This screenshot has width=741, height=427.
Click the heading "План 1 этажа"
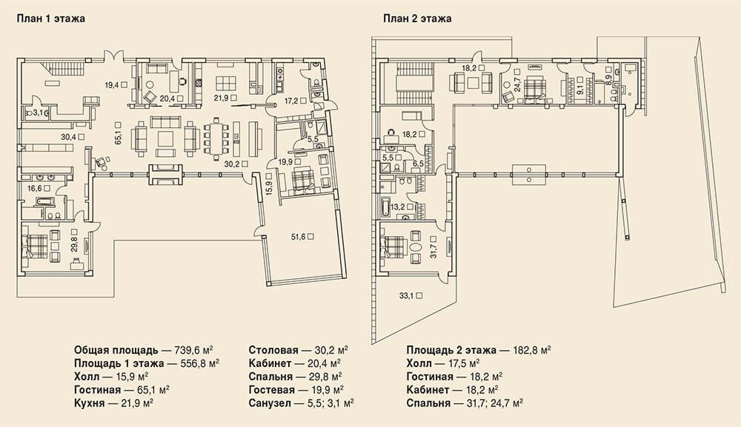[x=51, y=19]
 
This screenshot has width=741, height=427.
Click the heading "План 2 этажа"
[x=417, y=19]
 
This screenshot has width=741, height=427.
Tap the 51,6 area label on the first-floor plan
[x=298, y=237]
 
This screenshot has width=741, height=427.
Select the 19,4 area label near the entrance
[x=112, y=85]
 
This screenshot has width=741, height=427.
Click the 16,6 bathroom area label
[x=35, y=188]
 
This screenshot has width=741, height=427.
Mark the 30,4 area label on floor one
[x=68, y=137]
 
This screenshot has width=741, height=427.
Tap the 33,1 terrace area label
[x=406, y=296]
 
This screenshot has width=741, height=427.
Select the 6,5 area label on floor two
[x=418, y=164]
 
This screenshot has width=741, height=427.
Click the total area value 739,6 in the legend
[x=189, y=350]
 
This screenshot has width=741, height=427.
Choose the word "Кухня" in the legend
[x=90, y=403]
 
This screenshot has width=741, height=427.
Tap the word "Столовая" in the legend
[x=273, y=350]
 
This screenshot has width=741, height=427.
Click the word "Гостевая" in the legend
[x=272, y=390]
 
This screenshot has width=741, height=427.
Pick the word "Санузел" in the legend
[x=270, y=403]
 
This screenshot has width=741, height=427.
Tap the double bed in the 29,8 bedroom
[x=35, y=246]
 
